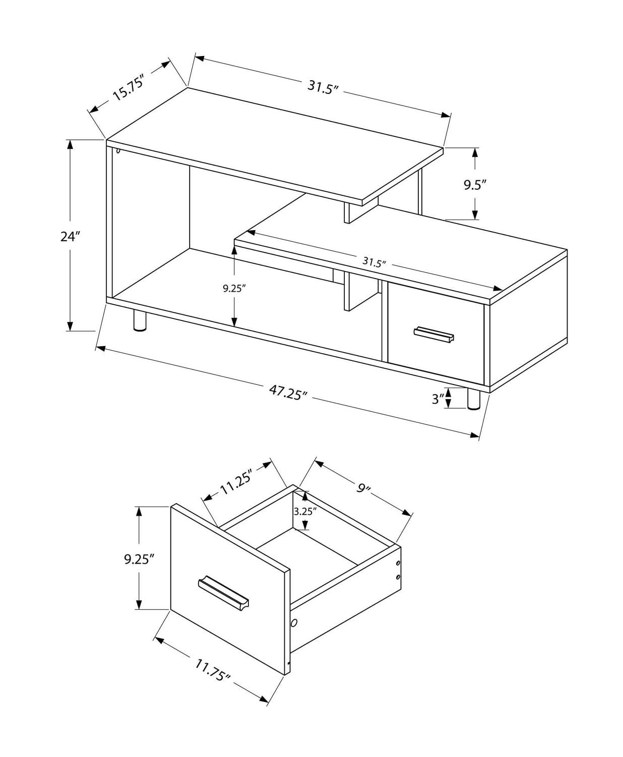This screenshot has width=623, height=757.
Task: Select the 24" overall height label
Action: pyautogui.click(x=70, y=236)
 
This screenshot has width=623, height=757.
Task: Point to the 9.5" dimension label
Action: pyautogui.click(x=474, y=185)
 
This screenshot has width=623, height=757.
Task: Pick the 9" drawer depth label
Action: pyautogui.click(x=363, y=489)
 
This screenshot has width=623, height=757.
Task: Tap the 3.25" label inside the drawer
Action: pyautogui.click(x=305, y=511)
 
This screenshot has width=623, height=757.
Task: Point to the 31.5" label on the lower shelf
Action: pyautogui.click(x=374, y=262)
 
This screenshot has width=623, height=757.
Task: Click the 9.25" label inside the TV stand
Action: pyautogui.click(x=234, y=289)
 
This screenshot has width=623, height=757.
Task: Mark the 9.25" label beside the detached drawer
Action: pyautogui.click(x=139, y=559)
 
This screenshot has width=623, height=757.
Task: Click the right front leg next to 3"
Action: pyautogui.click(x=474, y=400)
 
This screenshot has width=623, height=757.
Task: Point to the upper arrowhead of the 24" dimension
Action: pyautogui.click(x=70, y=145)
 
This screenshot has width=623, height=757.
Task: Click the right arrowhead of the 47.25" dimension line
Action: pyautogui.click(x=474, y=435)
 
